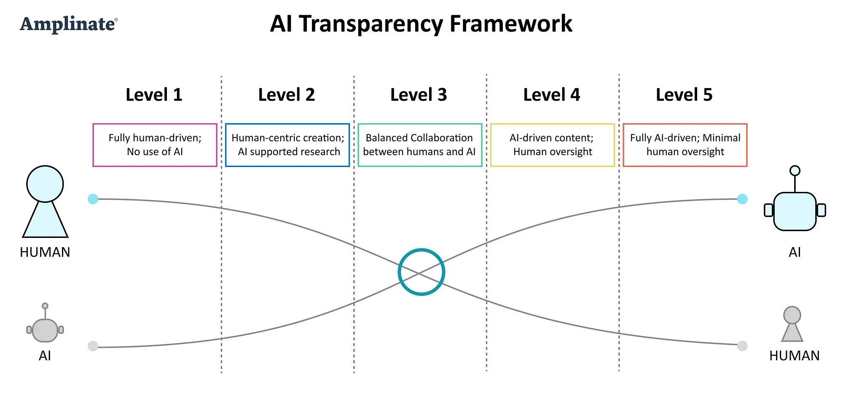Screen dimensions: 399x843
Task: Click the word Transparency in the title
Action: (371, 24)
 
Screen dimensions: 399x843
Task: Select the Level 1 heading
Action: (154, 95)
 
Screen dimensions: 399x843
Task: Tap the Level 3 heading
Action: (419, 95)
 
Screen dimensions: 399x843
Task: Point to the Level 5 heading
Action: (684, 95)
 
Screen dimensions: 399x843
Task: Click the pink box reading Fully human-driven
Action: (155, 145)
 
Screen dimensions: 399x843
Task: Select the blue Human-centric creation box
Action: (287, 145)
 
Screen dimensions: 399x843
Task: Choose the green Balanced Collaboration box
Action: (420, 145)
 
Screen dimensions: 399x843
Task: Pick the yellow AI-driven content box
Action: (552, 145)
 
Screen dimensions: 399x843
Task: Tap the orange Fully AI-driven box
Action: (685, 145)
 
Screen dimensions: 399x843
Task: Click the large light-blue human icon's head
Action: (45, 184)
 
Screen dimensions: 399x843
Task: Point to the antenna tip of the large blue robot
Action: (795, 170)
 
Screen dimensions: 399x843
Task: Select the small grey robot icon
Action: (45, 327)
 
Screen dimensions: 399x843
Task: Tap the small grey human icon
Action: (792, 325)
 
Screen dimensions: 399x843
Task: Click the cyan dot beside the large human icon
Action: (93, 199)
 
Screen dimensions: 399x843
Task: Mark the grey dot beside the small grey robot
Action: (93, 346)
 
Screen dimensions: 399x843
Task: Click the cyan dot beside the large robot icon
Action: (742, 199)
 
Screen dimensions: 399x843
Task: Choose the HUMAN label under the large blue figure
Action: (45, 252)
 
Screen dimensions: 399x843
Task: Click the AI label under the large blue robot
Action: (795, 252)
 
